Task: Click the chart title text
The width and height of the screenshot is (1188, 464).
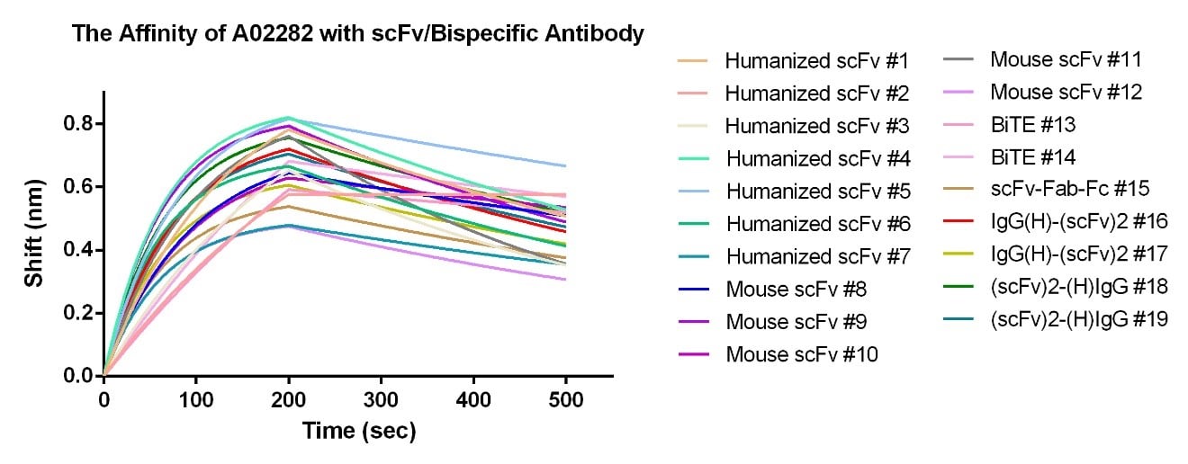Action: tap(357, 34)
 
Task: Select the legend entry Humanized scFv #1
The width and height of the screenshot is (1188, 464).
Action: tap(816, 61)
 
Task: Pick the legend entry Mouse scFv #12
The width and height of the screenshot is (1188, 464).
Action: tap(1066, 92)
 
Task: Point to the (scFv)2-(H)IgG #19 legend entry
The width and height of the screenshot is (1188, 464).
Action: tap(1079, 319)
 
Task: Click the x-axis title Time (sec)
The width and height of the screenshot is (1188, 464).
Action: tap(358, 432)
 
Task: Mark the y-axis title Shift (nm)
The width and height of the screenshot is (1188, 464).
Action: tap(34, 233)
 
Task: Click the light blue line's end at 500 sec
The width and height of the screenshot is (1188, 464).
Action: tap(565, 165)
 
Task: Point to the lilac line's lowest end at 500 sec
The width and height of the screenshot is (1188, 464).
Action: tap(565, 279)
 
